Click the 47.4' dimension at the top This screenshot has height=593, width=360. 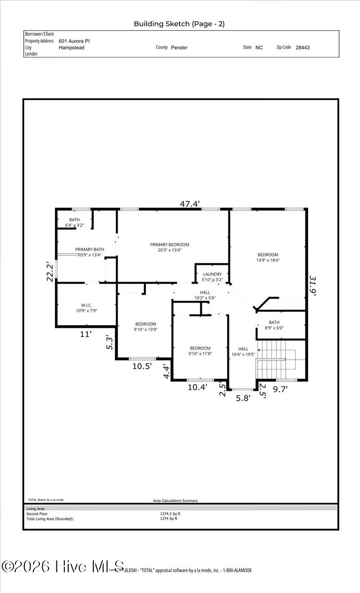[x=190, y=203]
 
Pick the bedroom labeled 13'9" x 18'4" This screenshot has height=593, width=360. [x=268, y=257]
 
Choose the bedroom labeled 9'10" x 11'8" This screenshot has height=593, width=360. [x=200, y=351]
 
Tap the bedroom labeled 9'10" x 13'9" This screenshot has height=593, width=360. [x=146, y=327]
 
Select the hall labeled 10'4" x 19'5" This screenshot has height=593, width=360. [x=243, y=351]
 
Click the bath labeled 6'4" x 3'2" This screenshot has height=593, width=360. [x=75, y=222]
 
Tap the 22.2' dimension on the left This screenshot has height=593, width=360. [x=50, y=271]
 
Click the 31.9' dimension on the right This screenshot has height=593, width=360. [x=312, y=285]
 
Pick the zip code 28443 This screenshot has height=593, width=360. [x=303, y=48]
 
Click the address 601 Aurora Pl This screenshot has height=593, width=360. [x=74, y=42]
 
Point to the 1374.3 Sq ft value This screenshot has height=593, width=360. [x=170, y=513]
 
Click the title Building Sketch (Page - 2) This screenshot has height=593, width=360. [x=179, y=24]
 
